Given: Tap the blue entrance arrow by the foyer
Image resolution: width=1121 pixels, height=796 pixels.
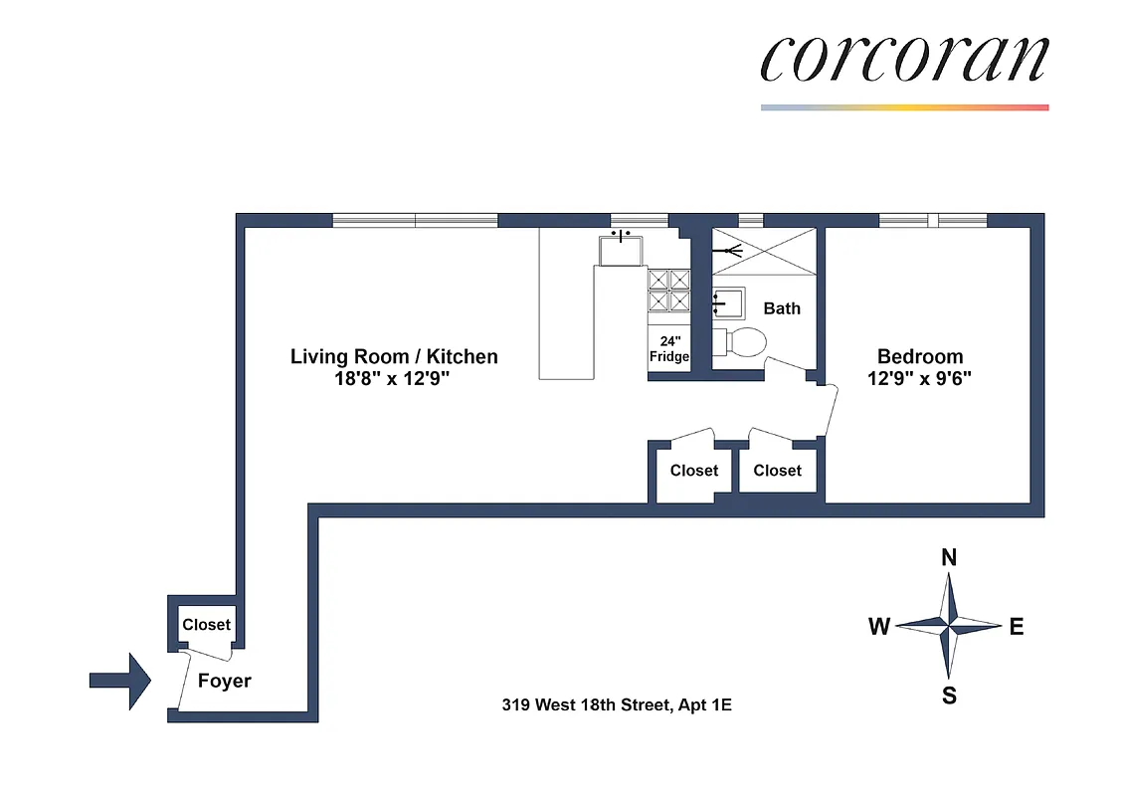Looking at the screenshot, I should (x=119, y=681).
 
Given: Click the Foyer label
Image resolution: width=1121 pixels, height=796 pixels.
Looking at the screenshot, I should (x=224, y=682).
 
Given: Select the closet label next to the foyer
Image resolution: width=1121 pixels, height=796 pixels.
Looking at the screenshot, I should (x=206, y=625).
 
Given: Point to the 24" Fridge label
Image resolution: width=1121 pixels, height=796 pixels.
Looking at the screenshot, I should (x=669, y=349).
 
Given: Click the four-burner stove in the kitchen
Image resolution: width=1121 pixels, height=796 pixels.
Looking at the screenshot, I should (x=669, y=291).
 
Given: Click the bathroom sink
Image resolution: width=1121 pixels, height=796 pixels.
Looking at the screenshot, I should (x=727, y=300).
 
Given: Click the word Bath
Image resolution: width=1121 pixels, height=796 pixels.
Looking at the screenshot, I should (x=782, y=308).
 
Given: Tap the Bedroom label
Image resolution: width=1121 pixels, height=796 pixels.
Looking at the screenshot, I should (x=919, y=356).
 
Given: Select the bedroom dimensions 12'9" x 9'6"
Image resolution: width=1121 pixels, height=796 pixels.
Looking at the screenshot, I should (x=919, y=378).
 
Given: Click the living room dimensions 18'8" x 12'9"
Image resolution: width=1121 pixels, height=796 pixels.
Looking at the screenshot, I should (x=394, y=378).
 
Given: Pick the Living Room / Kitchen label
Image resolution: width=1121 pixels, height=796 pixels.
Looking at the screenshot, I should (x=394, y=356).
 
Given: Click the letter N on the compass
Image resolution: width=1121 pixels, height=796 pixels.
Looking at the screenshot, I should (x=949, y=558).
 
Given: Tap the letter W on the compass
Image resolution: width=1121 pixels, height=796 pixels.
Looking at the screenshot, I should (x=878, y=627).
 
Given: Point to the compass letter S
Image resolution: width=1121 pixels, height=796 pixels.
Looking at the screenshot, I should (x=949, y=696).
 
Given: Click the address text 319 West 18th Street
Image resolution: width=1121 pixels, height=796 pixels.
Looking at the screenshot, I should (x=617, y=706).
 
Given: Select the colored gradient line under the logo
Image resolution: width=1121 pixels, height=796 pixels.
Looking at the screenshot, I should (x=904, y=107).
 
